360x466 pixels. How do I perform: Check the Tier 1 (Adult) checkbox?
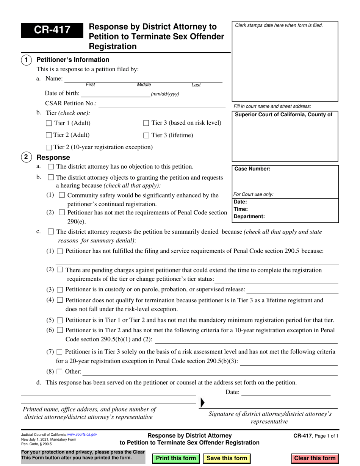tap(49, 123)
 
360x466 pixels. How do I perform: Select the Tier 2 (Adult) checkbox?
tap(49, 135)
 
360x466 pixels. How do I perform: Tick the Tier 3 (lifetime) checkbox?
tap(146, 135)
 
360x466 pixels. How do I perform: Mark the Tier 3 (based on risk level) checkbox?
tap(146, 123)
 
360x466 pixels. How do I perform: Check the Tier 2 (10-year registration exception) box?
tap(49, 147)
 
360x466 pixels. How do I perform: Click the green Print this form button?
tap(176, 458)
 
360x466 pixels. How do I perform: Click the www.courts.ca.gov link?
tap(82, 435)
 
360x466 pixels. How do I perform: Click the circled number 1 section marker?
tap(26, 60)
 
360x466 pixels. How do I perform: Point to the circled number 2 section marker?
tap(26, 157)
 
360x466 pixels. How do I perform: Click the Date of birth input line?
tap(116, 94)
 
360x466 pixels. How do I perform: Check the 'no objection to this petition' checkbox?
tap(51, 167)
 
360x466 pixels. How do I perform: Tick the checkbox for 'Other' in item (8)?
tap(60, 371)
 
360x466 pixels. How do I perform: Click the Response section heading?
tap(53, 157)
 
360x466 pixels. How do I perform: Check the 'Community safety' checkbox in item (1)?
tap(62, 195)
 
